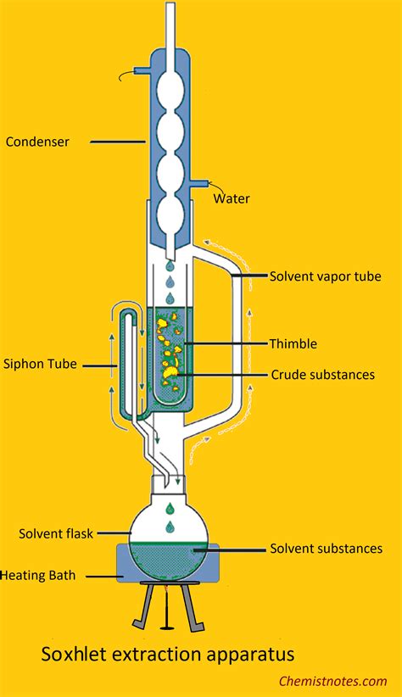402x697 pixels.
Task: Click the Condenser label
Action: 37,142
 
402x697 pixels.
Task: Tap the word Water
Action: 232,198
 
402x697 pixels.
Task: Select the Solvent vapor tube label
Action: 326,276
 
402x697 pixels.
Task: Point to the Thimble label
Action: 293,343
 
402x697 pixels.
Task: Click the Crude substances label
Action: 323,375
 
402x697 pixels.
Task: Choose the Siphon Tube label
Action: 40,364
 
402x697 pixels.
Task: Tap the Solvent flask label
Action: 56,533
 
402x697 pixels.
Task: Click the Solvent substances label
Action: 327,549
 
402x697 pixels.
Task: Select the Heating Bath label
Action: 38,576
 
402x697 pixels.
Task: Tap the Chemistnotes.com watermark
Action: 333,682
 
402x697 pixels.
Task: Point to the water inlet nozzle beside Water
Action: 199,182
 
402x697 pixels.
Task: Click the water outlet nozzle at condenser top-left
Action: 142,70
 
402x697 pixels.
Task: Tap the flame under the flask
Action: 167,590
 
